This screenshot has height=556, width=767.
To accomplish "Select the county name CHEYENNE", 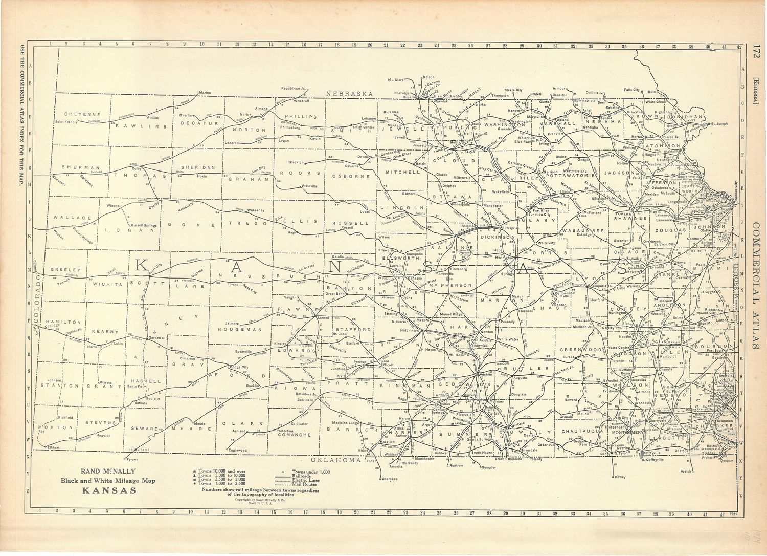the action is click(x=82, y=114).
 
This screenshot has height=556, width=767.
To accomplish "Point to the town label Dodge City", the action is click(x=238, y=367).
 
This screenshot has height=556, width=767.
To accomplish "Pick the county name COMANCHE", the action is click(x=295, y=435).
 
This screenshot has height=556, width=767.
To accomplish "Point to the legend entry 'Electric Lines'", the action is click(x=305, y=480).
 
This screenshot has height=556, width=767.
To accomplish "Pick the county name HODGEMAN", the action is click(x=240, y=330).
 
